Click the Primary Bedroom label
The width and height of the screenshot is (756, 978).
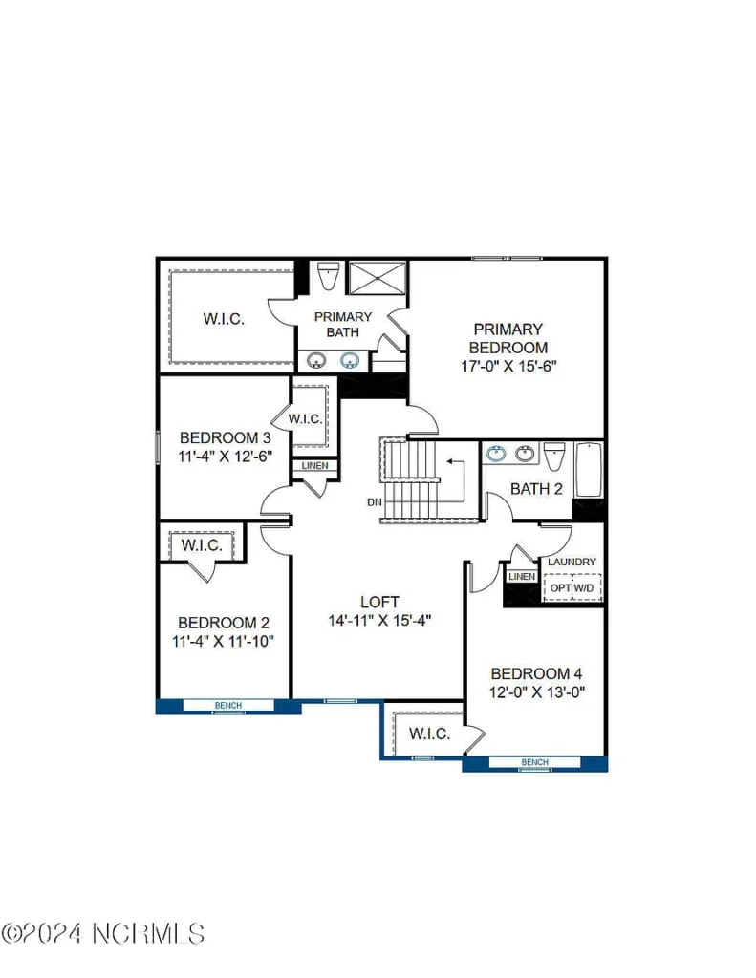[x=508, y=338]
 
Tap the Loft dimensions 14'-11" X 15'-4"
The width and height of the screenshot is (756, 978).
[x=380, y=621]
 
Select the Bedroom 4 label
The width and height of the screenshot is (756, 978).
[x=536, y=673]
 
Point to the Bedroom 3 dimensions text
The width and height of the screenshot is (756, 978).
[x=226, y=456]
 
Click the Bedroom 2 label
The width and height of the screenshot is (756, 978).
[x=224, y=623]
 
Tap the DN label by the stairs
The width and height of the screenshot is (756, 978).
[x=374, y=502]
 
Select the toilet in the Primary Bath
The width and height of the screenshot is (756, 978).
[x=328, y=275]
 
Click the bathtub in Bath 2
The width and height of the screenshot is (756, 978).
[x=588, y=470]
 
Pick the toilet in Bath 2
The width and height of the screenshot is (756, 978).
[x=553, y=456]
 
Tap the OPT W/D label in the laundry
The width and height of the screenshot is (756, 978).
[x=572, y=588]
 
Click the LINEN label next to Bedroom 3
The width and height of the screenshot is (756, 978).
[x=314, y=466]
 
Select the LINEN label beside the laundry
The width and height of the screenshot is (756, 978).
[x=522, y=576]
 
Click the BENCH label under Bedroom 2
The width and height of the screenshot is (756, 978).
[x=227, y=706]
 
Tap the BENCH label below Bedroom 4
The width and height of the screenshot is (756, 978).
[x=534, y=762]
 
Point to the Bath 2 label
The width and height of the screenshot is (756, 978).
[x=536, y=489]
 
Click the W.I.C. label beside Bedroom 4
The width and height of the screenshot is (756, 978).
[x=429, y=733]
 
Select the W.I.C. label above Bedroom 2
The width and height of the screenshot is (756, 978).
[x=202, y=545]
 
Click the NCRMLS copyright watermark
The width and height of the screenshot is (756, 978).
[x=103, y=934]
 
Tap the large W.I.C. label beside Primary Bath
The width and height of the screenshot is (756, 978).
[x=224, y=319]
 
